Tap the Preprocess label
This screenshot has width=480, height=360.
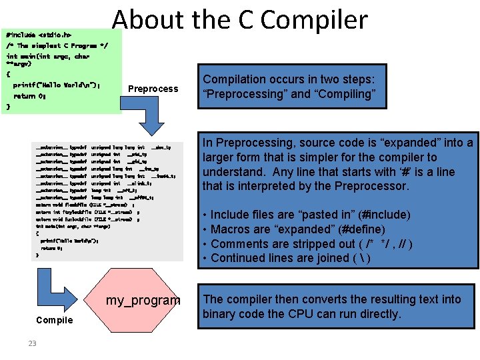153,89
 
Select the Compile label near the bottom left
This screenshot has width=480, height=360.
55,320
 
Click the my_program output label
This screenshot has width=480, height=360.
143,301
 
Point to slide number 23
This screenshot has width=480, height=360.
32,343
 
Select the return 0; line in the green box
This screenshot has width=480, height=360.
29,96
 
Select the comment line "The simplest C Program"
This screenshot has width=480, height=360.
56,46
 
